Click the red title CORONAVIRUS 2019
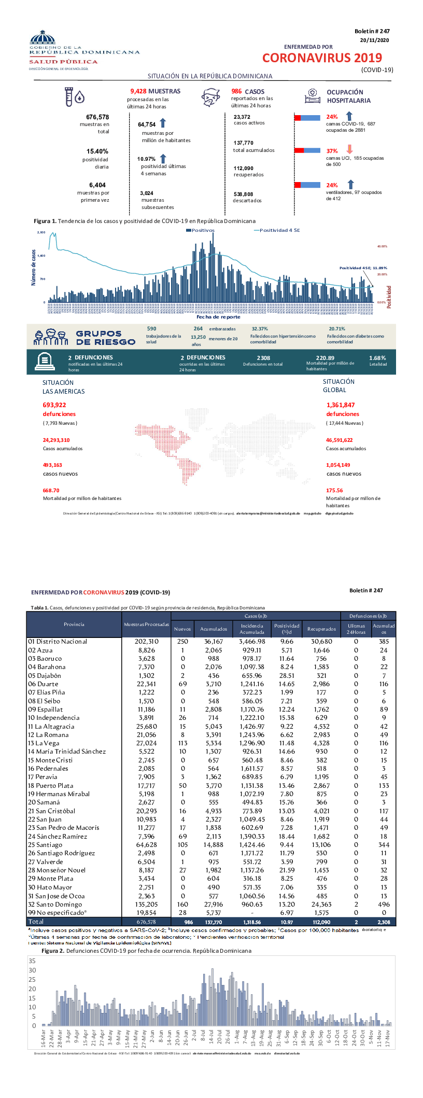pos(322,58)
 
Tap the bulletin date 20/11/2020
pos(374,40)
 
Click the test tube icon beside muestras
pos(68,96)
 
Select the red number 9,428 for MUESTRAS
pos(138,91)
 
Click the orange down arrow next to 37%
pos(349,150)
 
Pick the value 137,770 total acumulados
pos(244,143)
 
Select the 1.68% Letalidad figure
pos(377,358)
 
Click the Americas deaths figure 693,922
pos(54,405)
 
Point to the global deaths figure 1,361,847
pos(341,405)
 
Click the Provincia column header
pos(74,624)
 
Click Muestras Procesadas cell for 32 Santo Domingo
pos(147,904)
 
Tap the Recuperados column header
pos(321,629)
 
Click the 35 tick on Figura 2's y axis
pos(33,961)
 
